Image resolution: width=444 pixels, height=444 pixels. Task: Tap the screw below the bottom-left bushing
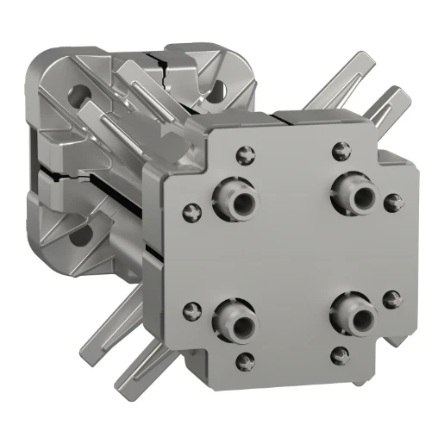[247, 358]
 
